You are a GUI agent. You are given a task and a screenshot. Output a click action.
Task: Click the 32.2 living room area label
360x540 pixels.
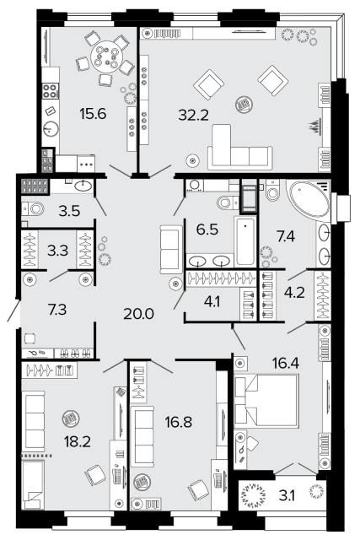[193, 115]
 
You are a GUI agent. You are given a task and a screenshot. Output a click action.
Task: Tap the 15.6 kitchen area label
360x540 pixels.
[93, 113]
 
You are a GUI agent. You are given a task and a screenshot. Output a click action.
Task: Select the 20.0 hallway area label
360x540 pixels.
[139, 314]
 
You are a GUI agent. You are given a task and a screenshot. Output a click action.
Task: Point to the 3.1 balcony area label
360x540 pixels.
[287, 496]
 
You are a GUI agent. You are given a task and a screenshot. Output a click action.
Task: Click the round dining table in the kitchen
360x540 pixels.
[107, 57]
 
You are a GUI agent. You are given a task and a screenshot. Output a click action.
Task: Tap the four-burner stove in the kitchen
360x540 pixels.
[50, 90]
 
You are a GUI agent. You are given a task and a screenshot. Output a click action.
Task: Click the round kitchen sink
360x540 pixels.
[51, 129]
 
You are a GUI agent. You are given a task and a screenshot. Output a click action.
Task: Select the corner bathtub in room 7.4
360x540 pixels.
[309, 197]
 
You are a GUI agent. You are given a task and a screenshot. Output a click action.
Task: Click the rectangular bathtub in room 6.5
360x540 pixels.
[245, 241]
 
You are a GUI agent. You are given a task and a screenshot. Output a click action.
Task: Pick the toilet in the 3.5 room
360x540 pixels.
[34, 208]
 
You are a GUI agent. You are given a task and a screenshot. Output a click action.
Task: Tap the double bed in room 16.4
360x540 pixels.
[266, 401]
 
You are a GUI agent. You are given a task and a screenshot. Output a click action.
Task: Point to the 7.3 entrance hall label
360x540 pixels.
[57, 310]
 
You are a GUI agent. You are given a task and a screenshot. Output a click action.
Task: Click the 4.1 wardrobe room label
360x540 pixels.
[212, 302]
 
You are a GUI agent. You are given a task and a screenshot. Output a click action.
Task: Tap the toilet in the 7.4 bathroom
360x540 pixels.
[272, 191]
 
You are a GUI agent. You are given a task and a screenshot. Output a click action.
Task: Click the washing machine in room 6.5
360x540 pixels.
[195, 186]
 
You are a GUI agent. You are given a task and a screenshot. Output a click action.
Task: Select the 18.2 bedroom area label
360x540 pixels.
[77, 441]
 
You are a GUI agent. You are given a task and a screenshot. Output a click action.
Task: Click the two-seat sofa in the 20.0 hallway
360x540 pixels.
[171, 250]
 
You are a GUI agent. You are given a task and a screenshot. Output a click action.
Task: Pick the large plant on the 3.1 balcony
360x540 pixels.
[254, 495]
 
